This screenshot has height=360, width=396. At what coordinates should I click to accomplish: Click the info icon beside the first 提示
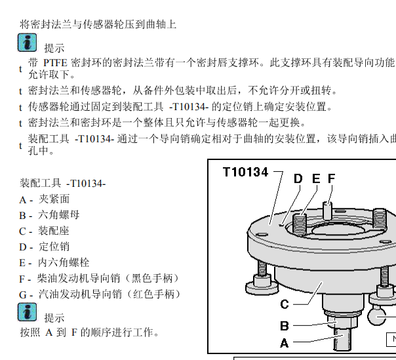(x=27, y=43)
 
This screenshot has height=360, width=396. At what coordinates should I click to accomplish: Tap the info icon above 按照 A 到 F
(x=27, y=312)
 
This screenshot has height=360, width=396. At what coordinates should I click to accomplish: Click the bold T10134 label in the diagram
(x=245, y=172)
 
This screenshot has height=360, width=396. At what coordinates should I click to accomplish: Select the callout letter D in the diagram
(x=298, y=178)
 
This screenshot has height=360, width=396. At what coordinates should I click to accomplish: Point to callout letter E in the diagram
(x=316, y=178)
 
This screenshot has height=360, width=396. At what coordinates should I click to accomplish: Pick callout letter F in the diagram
(x=331, y=178)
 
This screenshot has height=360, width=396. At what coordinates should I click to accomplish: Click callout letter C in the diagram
(x=285, y=304)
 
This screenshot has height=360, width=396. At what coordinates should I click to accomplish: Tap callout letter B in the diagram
(x=285, y=326)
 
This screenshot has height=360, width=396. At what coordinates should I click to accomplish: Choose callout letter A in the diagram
(x=285, y=344)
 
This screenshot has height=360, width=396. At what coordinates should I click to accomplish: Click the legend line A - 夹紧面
(x=44, y=199)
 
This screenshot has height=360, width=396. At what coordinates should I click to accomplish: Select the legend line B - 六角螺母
(x=49, y=215)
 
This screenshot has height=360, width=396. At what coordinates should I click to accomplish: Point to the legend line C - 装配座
(x=44, y=231)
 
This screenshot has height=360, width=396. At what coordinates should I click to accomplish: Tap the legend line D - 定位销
(x=44, y=247)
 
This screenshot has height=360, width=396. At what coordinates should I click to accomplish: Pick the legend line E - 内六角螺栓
(x=54, y=262)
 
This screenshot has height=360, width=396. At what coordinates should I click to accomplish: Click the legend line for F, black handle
(x=100, y=279)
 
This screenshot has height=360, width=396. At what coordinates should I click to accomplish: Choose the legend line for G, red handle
(x=100, y=294)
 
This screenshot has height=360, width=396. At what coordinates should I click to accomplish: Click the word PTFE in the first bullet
(x=55, y=63)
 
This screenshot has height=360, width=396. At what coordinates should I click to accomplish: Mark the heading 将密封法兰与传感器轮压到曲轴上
(x=98, y=24)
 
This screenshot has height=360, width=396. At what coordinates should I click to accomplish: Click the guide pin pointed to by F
(x=327, y=210)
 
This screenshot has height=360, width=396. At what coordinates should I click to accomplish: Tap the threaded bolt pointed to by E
(x=300, y=224)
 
